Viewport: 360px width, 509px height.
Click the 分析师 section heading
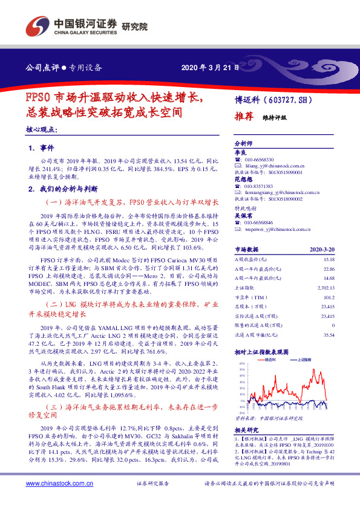click(x=243, y=144)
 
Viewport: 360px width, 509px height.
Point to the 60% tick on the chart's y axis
click(x=242, y=363)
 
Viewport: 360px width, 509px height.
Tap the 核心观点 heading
click(x=42, y=129)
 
